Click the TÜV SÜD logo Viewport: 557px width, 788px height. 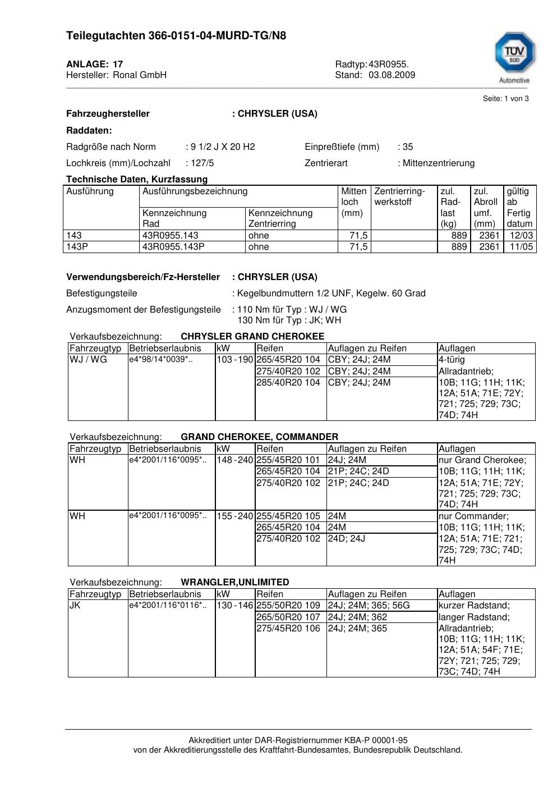pos(514,54)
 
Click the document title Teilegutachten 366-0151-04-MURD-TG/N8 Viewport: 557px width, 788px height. pos(176,36)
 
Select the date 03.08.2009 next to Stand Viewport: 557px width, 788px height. pos(392,75)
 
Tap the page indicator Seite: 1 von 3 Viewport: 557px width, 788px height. pos(505,99)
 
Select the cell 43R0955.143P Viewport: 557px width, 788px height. pos(173,247)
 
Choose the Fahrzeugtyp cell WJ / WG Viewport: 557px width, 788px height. pos(88,360)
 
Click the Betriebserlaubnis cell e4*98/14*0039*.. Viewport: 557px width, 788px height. pos(161,360)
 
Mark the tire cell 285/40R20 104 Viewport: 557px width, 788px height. pos(288,383)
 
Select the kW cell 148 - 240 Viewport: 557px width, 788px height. pos(235,460)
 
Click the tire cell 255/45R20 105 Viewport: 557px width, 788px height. pos(288,516)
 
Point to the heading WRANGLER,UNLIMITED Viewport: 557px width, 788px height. pos(235,583)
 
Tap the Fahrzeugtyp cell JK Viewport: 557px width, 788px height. pos(75,606)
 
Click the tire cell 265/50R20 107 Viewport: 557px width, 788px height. pos(288,617)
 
